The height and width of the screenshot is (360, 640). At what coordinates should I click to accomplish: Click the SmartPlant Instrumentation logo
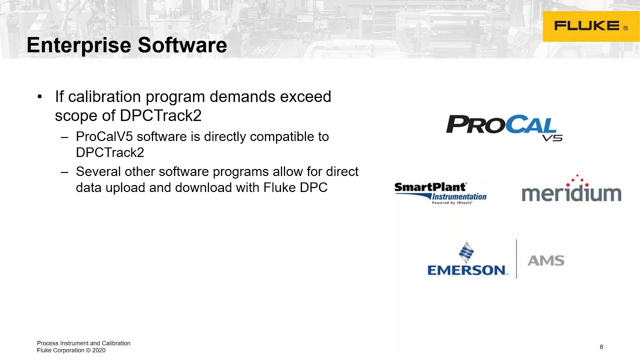tap(440, 193)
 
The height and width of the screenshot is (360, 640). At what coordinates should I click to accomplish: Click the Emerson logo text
tap(467, 270)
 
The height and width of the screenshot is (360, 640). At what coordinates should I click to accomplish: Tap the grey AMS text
tap(546, 260)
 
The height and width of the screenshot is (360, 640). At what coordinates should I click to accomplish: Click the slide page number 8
tap(601, 347)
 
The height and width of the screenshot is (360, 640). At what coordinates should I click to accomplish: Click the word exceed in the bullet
tap(305, 96)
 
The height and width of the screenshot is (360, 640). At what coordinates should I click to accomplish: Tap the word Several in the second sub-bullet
tap(97, 172)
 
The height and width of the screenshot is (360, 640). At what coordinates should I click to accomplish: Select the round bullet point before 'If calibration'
tap(40, 96)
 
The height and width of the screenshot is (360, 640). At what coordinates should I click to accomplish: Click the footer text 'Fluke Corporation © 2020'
tap(71, 350)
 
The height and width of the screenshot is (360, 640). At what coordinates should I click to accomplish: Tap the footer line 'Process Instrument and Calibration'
tap(83, 343)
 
